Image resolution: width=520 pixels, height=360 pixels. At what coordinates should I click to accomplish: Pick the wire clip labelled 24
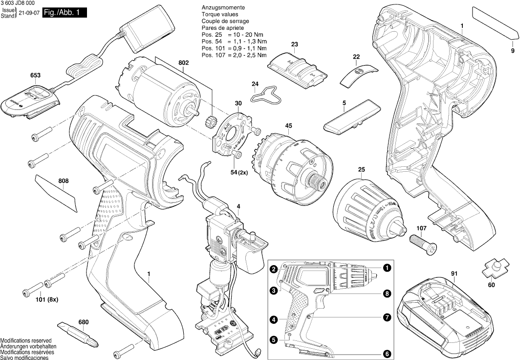point(266,95)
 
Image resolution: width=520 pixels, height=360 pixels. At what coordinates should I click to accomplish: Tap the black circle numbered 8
point(387,294)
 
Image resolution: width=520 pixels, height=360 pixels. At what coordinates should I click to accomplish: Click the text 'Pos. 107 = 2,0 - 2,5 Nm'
point(234,55)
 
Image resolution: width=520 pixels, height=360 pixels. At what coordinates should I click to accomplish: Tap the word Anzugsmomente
point(223,9)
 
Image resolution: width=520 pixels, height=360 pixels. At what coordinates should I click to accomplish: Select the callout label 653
point(35,75)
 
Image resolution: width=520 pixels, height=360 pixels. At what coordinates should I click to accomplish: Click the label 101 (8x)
point(47,299)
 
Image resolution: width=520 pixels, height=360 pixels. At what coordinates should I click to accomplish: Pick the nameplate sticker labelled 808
point(57,194)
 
